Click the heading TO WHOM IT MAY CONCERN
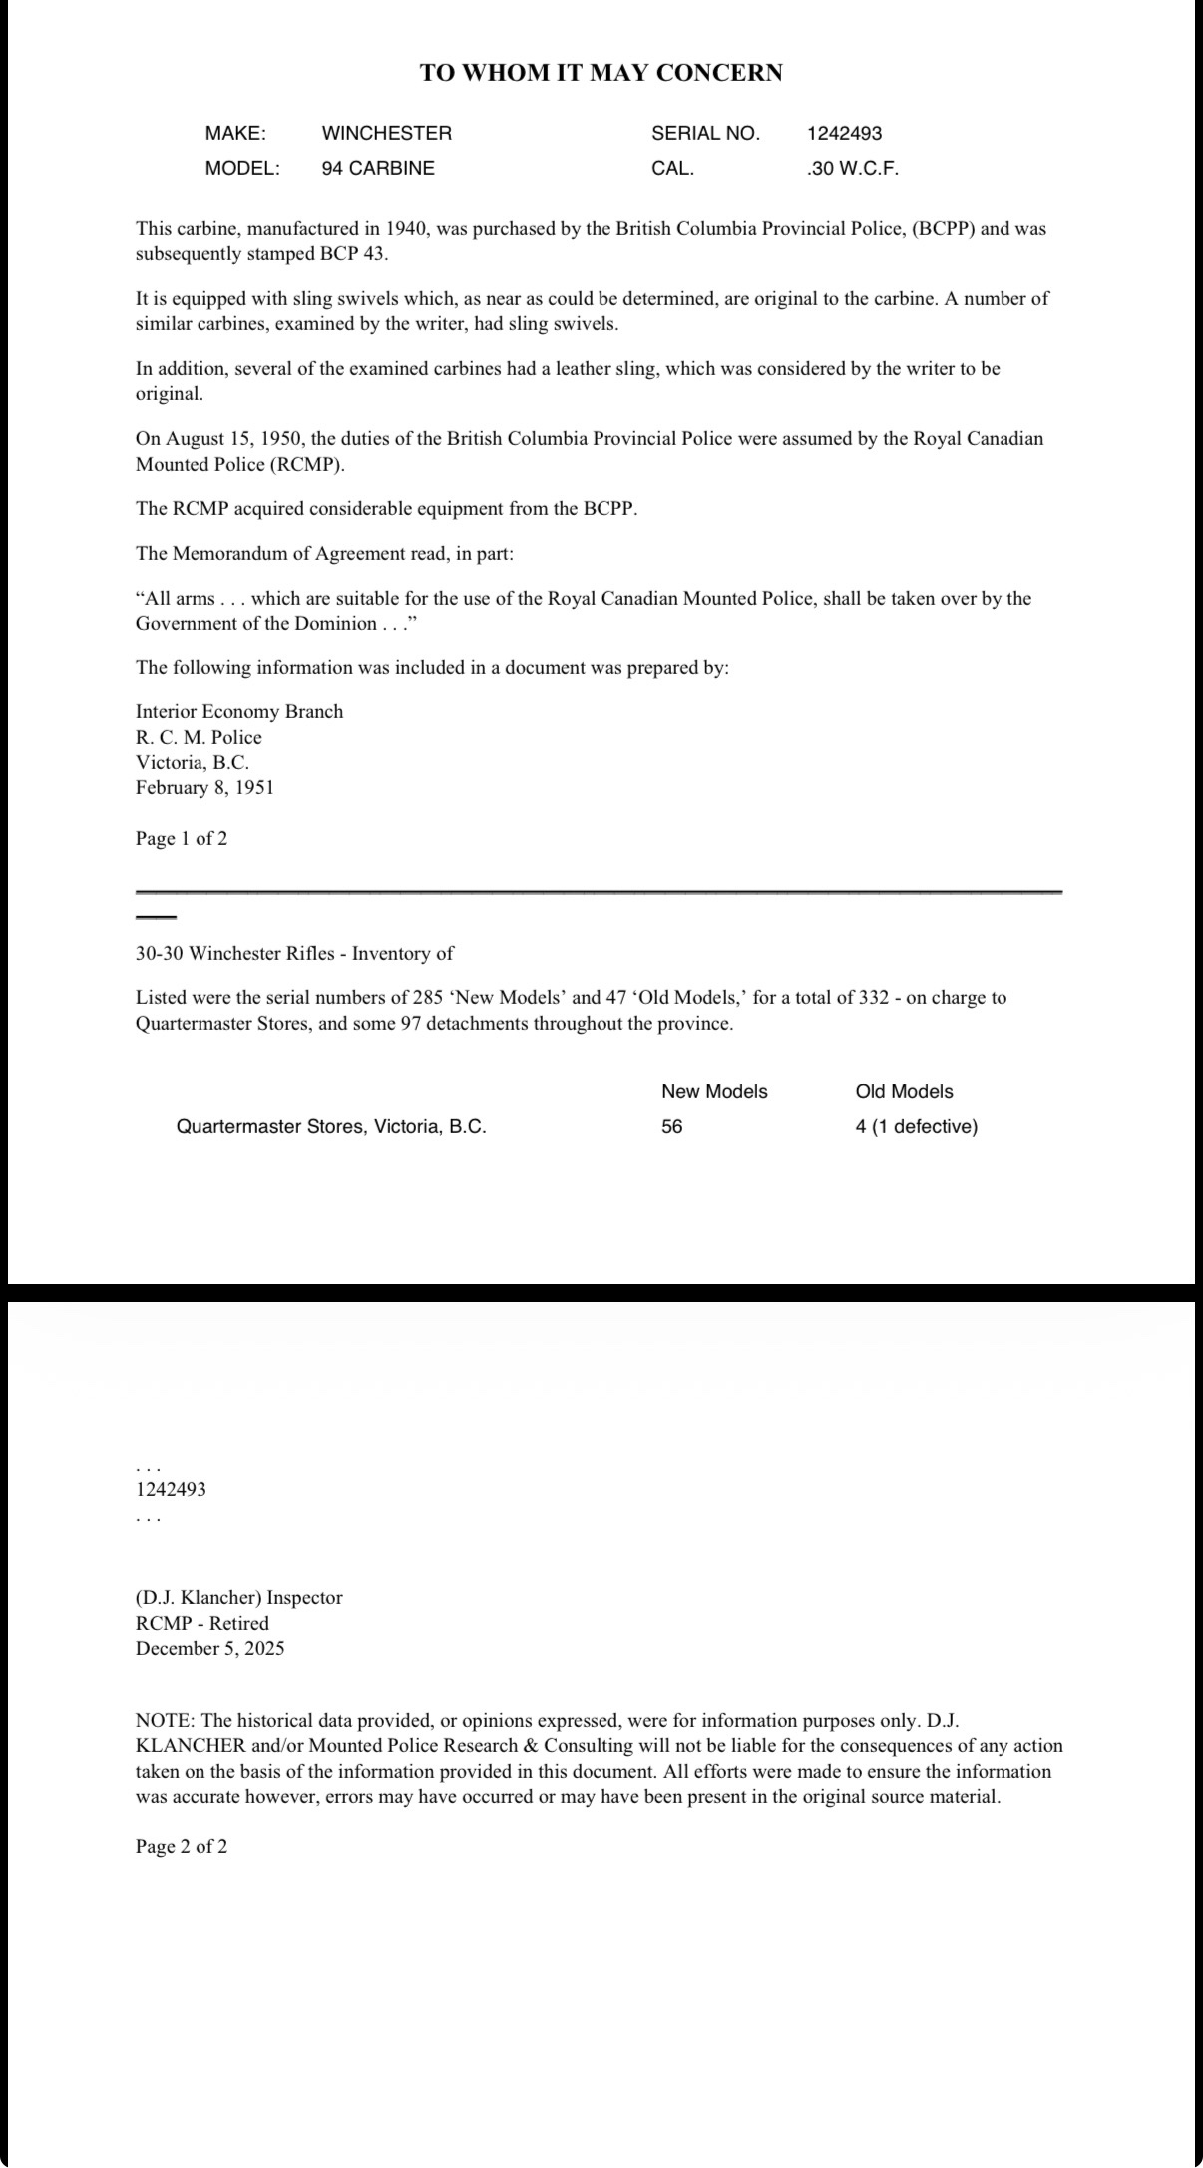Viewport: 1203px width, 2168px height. point(601,73)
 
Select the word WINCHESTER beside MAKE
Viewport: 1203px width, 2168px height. point(386,133)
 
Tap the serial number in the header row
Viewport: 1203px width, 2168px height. point(844,133)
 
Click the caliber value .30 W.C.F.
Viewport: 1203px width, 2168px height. point(852,168)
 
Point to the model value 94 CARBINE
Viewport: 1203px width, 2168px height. point(378,168)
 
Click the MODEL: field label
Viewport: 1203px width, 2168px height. point(242,168)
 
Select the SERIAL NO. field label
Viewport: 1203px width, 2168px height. point(705,133)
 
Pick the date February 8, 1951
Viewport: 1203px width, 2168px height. point(204,787)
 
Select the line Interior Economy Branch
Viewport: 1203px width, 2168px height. point(239,711)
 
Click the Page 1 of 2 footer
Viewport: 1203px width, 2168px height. point(182,838)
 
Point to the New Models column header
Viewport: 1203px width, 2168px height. point(714,1091)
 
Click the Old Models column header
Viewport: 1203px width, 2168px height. point(904,1091)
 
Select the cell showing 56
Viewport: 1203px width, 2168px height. point(672,1126)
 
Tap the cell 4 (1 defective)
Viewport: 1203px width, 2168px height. point(916,1126)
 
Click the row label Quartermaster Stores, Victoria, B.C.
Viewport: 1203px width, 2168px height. point(331,1126)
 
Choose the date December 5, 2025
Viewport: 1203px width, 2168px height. point(209,1648)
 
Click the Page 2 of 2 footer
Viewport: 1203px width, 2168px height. point(182,1846)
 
